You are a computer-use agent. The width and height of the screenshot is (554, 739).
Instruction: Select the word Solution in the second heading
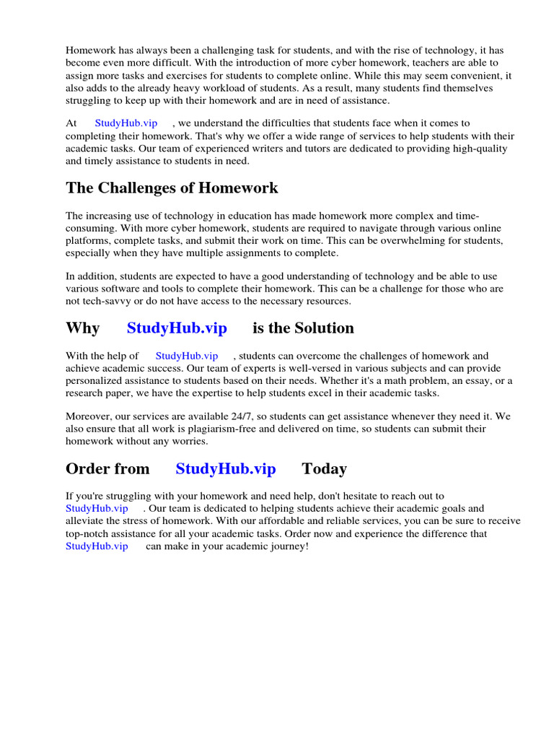pos(323,328)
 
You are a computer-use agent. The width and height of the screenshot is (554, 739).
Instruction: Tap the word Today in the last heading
pos(324,469)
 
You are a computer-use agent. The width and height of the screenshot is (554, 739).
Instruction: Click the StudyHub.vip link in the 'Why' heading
pos(177,328)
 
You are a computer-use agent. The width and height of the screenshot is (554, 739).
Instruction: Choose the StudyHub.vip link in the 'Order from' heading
pos(225,469)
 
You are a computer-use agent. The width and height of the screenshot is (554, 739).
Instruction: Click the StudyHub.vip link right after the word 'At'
pos(126,123)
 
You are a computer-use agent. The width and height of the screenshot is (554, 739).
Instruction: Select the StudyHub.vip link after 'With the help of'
pos(186,356)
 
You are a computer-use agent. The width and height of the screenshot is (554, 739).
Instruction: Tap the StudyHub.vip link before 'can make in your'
pos(97,546)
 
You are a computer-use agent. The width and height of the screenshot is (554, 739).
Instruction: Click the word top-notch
pos(89,534)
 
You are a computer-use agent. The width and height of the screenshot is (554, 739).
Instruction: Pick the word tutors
pos(263,149)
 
